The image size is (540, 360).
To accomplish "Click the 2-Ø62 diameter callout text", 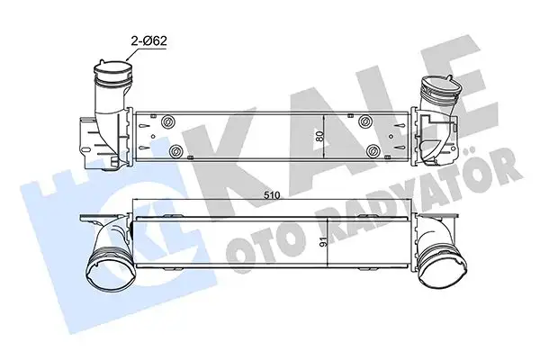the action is click(x=148, y=41).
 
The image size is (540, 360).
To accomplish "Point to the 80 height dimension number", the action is click(x=319, y=136).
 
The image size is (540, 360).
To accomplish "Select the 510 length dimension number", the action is click(x=272, y=195).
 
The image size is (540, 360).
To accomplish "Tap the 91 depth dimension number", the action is click(x=323, y=243).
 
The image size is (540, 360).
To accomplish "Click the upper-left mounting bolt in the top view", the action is click(x=168, y=121).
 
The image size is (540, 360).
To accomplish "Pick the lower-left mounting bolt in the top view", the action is click(x=176, y=151).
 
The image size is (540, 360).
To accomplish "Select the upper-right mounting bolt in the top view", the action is click(x=364, y=121).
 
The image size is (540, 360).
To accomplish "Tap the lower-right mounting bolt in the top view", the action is click(x=373, y=151).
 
